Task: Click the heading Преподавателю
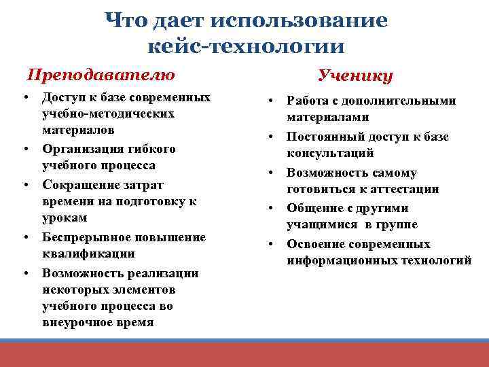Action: click(101, 74)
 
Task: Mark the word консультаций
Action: click(330, 154)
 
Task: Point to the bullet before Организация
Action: click(25, 148)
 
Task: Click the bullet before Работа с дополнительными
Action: click(270, 101)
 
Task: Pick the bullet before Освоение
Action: click(270, 243)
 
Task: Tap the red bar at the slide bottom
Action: click(244, 354)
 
